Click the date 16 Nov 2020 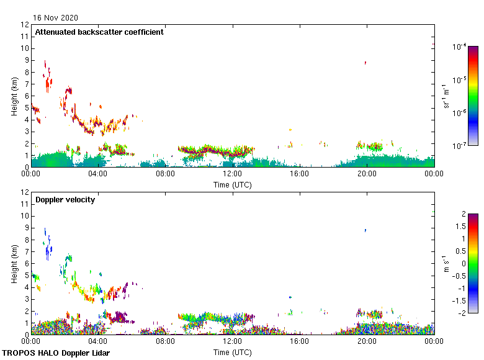click(56, 18)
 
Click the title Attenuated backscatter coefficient click(99, 32)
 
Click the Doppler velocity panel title click(65, 199)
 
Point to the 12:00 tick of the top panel click(232, 174)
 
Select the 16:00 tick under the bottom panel click(299, 342)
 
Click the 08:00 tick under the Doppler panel click(165, 342)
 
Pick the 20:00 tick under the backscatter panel click(366, 174)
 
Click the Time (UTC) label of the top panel click(232, 184)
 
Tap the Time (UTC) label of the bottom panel click(232, 352)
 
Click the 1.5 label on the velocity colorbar click(460, 227)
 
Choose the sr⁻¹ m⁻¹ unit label click(446, 96)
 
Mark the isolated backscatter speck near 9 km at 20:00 click(365, 62)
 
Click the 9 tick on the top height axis click(27, 60)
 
